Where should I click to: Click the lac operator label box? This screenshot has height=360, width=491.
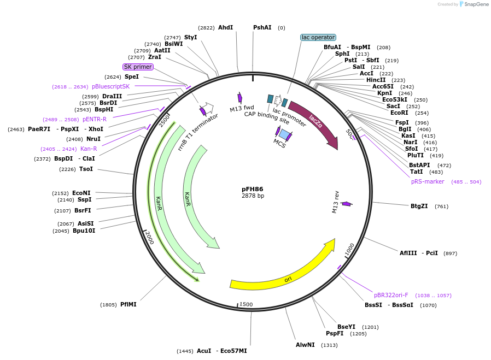(x=318, y=38)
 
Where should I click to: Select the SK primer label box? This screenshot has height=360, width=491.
(x=138, y=67)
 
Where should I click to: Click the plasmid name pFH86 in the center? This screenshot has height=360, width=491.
(x=253, y=189)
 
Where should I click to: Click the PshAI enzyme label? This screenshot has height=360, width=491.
(x=262, y=27)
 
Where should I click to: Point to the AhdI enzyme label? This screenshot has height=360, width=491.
(x=225, y=27)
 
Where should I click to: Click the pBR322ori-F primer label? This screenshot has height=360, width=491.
(x=391, y=295)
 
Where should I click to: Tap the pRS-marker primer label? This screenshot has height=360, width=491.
(x=428, y=181)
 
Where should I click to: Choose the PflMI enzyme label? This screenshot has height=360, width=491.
(x=128, y=304)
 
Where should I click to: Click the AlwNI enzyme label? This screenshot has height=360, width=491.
(x=305, y=345)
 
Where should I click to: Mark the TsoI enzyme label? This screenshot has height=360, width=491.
(x=86, y=169)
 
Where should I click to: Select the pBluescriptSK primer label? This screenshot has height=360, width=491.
(x=111, y=86)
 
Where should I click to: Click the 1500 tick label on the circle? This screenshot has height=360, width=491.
(x=247, y=304)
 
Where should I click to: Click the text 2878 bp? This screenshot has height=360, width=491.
(x=253, y=196)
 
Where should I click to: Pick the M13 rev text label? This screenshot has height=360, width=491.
(x=336, y=202)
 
